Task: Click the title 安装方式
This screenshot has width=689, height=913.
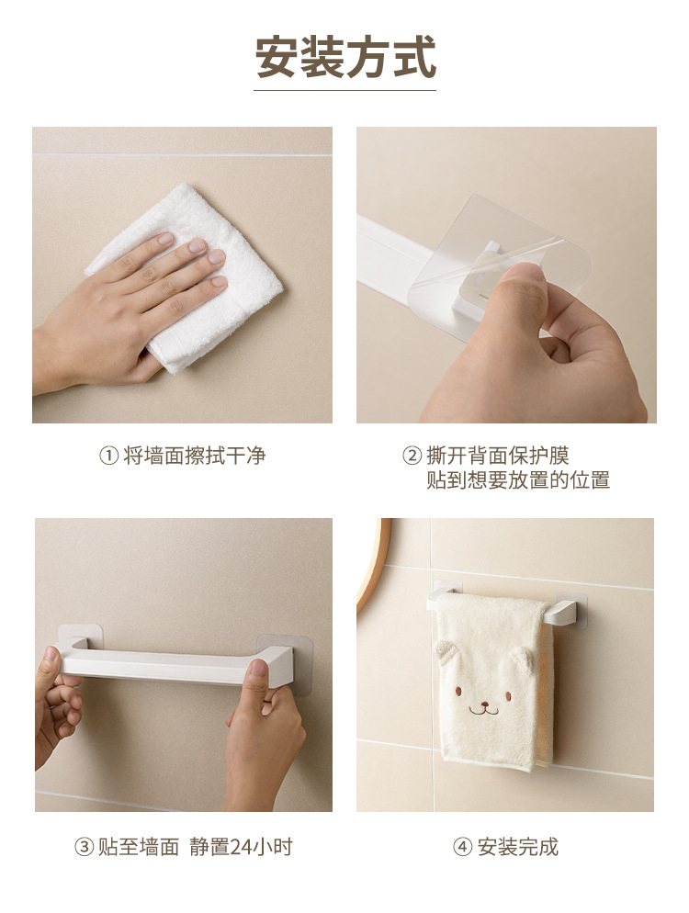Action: (345, 57)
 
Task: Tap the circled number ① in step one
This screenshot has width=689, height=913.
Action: (109, 456)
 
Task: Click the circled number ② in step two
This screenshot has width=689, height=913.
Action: (412, 456)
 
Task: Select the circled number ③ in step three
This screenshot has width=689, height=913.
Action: (85, 847)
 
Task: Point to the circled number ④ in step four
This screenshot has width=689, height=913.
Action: (463, 847)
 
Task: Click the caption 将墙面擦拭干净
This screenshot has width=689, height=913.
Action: (195, 456)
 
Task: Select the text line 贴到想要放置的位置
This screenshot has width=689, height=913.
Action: (518, 480)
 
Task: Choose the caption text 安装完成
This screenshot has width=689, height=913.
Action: (518, 847)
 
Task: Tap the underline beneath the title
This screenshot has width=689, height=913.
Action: (345, 90)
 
